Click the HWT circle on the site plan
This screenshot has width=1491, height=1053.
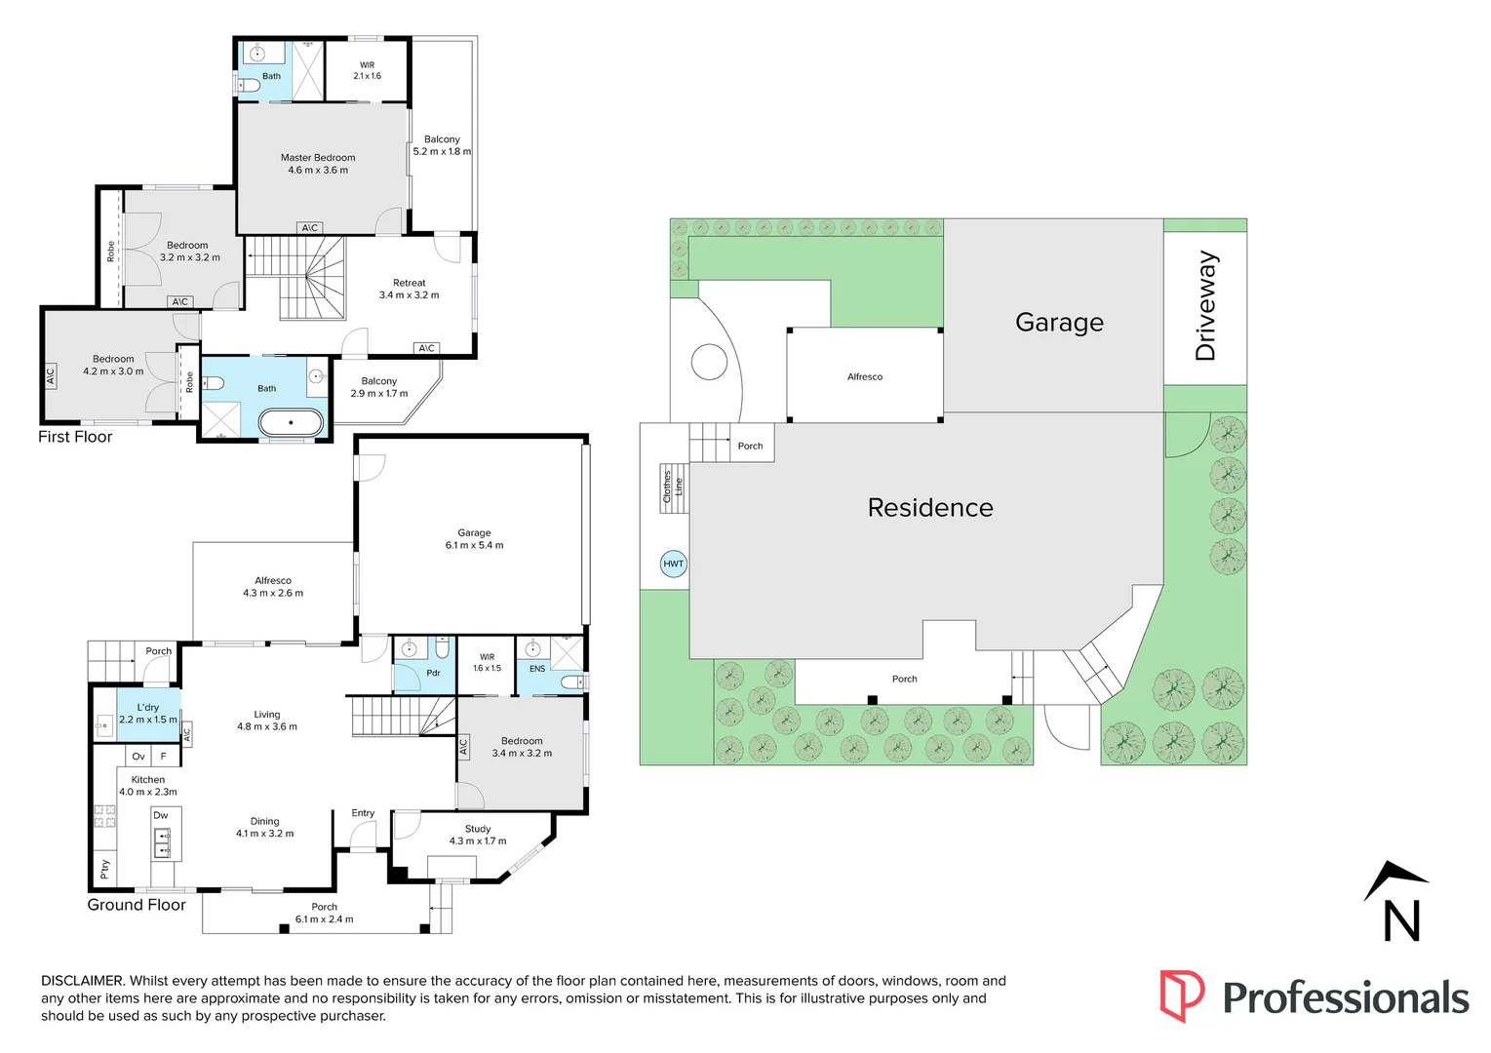(x=673, y=564)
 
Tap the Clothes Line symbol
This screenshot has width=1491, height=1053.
(x=673, y=487)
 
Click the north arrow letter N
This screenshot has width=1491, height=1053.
(x=1401, y=920)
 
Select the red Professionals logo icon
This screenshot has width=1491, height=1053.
(x=1181, y=995)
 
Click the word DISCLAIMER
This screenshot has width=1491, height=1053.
(x=83, y=981)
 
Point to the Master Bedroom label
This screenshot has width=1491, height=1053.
(x=318, y=158)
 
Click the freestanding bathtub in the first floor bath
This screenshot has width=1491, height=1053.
(x=291, y=422)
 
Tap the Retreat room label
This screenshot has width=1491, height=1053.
(x=410, y=283)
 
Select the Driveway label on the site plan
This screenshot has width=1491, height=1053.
(x=1206, y=306)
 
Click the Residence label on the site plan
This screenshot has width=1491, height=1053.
(x=930, y=508)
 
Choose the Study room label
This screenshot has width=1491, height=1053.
(x=478, y=829)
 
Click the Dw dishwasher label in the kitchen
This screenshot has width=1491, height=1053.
(x=161, y=815)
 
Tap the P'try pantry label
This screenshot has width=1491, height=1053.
(x=104, y=868)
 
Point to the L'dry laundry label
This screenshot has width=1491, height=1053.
(x=148, y=708)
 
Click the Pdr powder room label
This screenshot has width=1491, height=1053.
(x=433, y=673)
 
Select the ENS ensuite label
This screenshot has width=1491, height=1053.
(x=537, y=669)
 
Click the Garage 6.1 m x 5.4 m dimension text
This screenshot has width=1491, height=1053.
(x=475, y=545)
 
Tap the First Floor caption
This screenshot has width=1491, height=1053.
(x=75, y=437)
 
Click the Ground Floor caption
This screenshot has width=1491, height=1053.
(x=137, y=905)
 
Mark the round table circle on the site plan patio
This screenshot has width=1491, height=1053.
(x=709, y=363)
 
